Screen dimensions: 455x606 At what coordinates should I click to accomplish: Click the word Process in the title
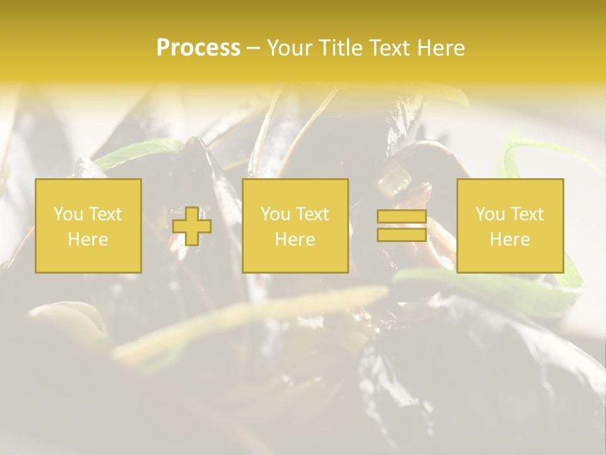(198, 48)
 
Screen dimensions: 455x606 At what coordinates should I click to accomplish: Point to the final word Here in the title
(442, 48)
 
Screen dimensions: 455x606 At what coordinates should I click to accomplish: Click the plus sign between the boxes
(192, 226)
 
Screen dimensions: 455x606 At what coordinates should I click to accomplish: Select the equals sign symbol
(401, 226)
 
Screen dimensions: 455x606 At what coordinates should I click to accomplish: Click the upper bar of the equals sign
(401, 217)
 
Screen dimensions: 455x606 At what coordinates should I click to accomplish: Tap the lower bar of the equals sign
(401, 235)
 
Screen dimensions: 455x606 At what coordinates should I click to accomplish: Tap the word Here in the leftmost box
(88, 240)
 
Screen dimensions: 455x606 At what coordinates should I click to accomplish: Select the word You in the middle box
(275, 214)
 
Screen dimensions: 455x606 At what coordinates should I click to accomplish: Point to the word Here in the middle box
(295, 240)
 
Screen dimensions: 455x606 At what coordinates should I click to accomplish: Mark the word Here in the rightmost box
(510, 240)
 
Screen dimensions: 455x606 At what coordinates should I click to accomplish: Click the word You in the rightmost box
(490, 214)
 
